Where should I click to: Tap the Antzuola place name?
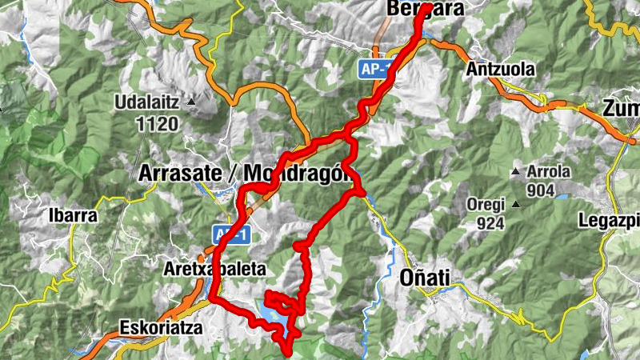(x=500, y=70)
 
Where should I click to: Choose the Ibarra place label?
(x=73, y=216)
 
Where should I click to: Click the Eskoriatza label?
(x=156, y=327)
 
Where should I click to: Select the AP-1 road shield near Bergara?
(x=374, y=70)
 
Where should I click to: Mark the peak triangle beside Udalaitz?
(x=191, y=103)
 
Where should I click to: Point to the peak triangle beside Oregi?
(x=517, y=205)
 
